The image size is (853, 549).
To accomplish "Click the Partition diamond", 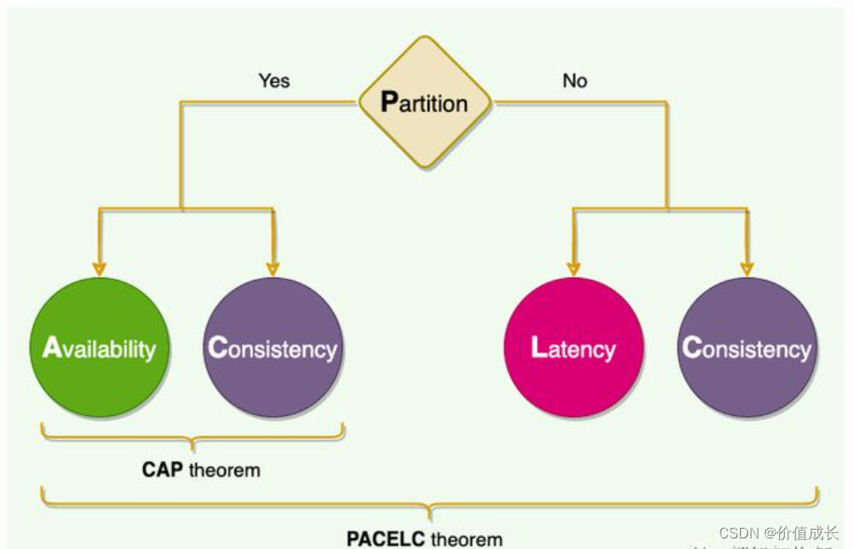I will click(425, 102).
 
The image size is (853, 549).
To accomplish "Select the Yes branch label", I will click(273, 80).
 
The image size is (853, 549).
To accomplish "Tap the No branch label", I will click(574, 80).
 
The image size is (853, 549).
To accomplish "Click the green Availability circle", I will click(99, 347).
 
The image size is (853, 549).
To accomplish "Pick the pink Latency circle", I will click(573, 347).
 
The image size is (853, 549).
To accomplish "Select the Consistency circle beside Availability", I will click(273, 347).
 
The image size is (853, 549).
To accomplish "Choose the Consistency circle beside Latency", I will click(747, 347).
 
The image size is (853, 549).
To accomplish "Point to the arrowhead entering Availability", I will click(99, 268).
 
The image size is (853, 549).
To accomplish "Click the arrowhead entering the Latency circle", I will click(573, 268).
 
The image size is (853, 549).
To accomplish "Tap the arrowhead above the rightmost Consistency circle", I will click(747, 268).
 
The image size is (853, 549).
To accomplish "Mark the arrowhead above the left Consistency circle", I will click(273, 268).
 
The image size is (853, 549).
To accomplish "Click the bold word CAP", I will click(162, 470).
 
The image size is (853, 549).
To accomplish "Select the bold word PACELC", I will click(385, 538).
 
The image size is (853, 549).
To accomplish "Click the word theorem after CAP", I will click(224, 470).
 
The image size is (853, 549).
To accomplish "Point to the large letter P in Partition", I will click(390, 102).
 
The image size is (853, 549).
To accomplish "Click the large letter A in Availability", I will click(51, 347).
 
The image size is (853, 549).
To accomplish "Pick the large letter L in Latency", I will click(539, 347).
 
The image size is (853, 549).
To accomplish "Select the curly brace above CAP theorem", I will click(192, 434).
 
